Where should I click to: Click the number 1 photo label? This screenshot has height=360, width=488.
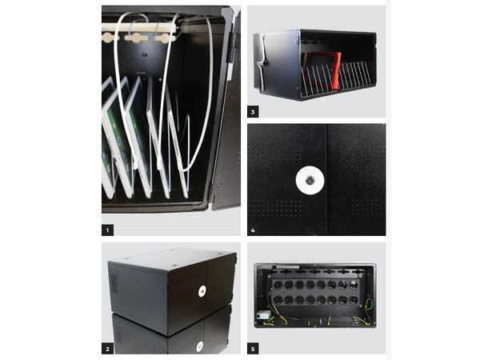107,230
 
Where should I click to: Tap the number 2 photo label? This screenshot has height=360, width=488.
107,349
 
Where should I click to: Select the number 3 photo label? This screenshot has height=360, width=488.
253,112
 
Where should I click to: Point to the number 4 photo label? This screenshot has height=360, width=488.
253,230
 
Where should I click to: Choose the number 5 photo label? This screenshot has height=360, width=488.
253,349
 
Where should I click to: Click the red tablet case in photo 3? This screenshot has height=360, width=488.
324,70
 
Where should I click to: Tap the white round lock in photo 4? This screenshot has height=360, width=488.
310,181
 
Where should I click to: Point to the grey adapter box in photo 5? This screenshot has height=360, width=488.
262,315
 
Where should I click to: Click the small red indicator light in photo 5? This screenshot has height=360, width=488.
284,293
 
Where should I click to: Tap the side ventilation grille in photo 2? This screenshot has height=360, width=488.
114,284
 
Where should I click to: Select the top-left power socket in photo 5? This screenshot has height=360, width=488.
278,285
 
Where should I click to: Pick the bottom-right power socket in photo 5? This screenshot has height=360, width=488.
354,300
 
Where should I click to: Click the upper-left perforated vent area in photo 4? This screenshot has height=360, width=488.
274,150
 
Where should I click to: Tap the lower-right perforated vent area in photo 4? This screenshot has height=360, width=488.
367,207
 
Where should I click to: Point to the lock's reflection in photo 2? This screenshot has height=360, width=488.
200,346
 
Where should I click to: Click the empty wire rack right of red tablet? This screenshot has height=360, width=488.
354,76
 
